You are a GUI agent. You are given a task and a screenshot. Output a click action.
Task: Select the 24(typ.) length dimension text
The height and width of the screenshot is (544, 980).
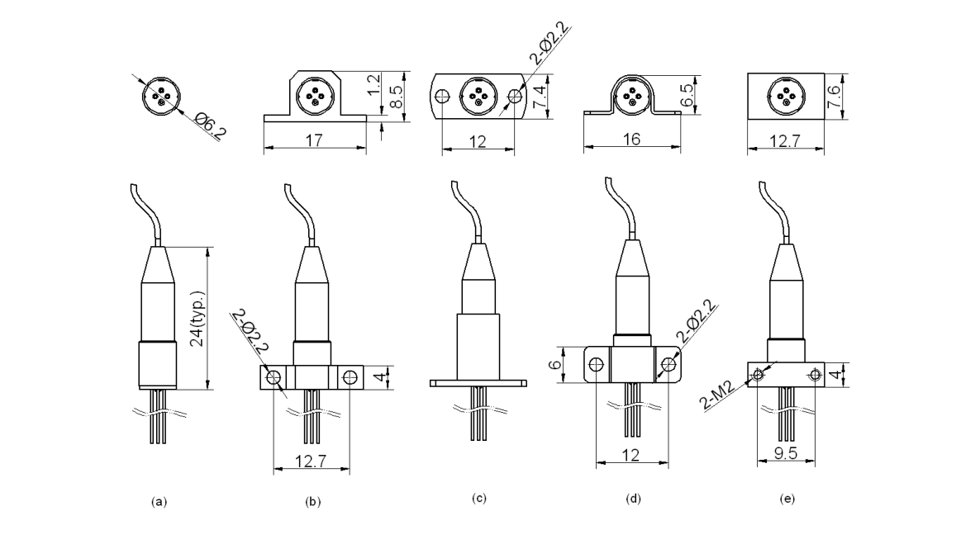click(x=197, y=319)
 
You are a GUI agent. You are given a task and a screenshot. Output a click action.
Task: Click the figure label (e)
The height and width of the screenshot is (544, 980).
click(x=787, y=499)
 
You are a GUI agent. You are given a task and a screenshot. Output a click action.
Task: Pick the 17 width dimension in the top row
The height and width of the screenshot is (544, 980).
click(x=315, y=141)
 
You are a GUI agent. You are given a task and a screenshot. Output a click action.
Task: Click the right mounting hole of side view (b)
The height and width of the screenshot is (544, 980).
click(x=350, y=378)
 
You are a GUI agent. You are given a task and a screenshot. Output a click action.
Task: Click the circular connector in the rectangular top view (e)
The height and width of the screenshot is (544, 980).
click(x=786, y=96)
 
